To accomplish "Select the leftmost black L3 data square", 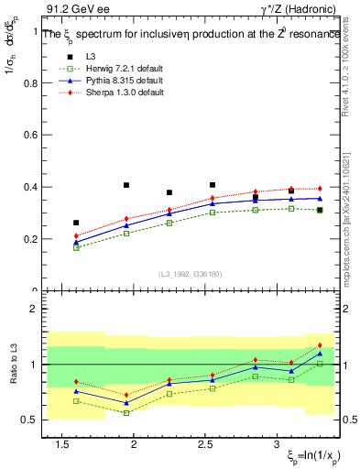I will click(76, 223).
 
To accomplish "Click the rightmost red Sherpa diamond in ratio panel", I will click(319, 345).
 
